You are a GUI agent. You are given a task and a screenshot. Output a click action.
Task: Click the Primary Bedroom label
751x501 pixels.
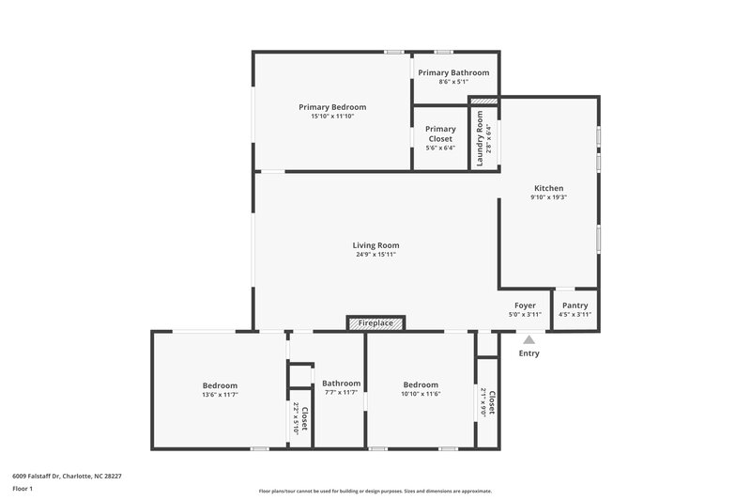click(332, 107)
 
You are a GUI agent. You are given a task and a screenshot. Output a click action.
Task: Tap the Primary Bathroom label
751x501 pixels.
click(453, 72)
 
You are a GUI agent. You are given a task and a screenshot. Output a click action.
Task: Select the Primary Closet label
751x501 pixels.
click(440, 133)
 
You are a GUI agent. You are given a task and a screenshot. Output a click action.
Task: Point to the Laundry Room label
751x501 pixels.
click(480, 139)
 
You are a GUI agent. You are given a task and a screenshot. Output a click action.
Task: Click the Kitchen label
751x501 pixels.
click(548, 188)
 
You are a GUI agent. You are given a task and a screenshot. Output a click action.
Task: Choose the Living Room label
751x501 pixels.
click(375, 245)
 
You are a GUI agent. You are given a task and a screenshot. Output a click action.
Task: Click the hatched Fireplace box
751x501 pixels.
click(375, 323)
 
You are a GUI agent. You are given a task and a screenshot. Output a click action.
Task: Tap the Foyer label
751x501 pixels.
click(525, 305)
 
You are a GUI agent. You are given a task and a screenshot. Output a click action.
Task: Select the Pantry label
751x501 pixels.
click(575, 305)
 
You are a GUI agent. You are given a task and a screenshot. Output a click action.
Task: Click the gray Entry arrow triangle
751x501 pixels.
click(529, 340)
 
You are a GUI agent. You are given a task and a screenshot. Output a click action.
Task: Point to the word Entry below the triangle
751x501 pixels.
click(529, 353)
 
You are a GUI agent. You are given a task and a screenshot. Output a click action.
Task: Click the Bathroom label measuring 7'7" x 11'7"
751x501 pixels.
click(341, 384)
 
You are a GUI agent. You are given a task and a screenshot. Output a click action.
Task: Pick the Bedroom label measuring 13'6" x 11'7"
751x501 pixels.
click(220, 385)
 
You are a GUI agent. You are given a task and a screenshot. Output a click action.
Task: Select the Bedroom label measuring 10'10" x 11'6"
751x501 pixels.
click(421, 384)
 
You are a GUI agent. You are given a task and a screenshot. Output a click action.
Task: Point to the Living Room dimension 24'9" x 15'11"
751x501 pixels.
click(375, 255)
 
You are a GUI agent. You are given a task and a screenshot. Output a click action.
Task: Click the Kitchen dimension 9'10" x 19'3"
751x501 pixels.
click(548, 197)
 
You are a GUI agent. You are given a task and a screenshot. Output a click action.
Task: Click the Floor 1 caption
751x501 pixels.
click(23, 490)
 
